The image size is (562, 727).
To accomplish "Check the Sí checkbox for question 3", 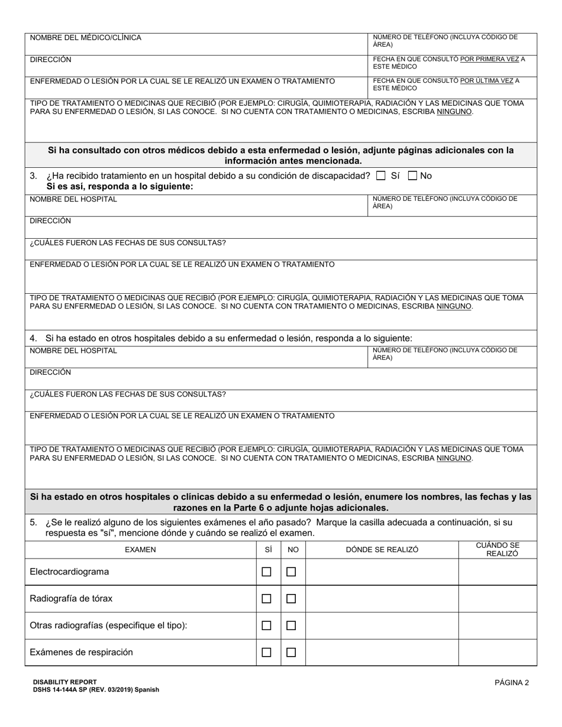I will pyautogui.click(x=381, y=176).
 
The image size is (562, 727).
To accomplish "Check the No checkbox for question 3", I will pyautogui.click(x=413, y=176).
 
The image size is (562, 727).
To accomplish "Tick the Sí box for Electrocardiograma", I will pyautogui.click(x=267, y=572).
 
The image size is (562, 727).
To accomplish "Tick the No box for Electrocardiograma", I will pyautogui.click(x=291, y=572).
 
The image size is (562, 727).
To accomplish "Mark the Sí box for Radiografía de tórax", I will pyautogui.click(x=267, y=599).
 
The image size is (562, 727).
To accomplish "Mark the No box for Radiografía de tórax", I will pyautogui.click(x=291, y=599).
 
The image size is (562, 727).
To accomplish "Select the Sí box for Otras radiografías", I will pyautogui.click(x=267, y=625).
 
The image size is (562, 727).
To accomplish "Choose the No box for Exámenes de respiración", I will pyautogui.click(x=291, y=653).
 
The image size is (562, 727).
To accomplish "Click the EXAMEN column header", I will pyautogui.click(x=140, y=550).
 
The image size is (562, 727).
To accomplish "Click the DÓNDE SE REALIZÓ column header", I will pyautogui.click(x=382, y=550).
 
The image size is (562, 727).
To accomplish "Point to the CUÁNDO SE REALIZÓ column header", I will pyautogui.click(x=498, y=550).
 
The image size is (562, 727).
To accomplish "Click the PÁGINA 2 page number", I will pyautogui.click(x=512, y=683).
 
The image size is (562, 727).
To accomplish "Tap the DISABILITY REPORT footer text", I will pyautogui.click(x=65, y=681).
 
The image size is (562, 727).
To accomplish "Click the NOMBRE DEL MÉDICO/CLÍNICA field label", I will pyautogui.click(x=86, y=38).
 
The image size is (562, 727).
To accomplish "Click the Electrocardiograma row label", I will pyautogui.click(x=69, y=572).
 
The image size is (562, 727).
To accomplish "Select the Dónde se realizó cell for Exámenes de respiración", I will pyautogui.click(x=382, y=653).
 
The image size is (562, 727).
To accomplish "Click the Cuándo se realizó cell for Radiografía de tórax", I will pyautogui.click(x=498, y=599).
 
